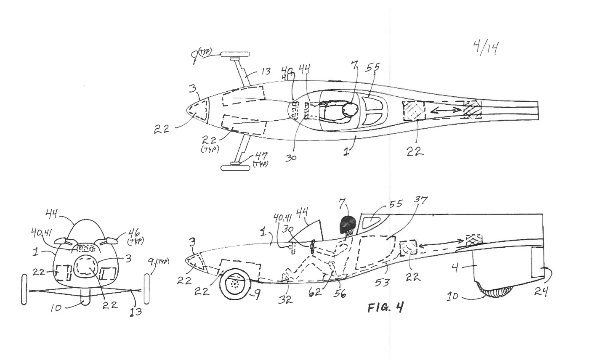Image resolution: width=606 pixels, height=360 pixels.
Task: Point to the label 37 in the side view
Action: tap(421, 201)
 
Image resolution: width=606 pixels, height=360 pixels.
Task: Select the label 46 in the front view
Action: tap(134, 232)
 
